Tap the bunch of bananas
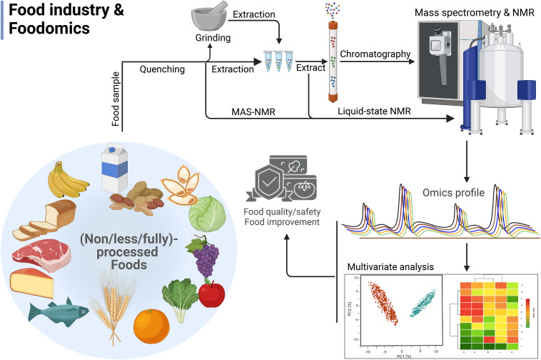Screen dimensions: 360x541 coord(68,182)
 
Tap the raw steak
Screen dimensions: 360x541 coord(40,254)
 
